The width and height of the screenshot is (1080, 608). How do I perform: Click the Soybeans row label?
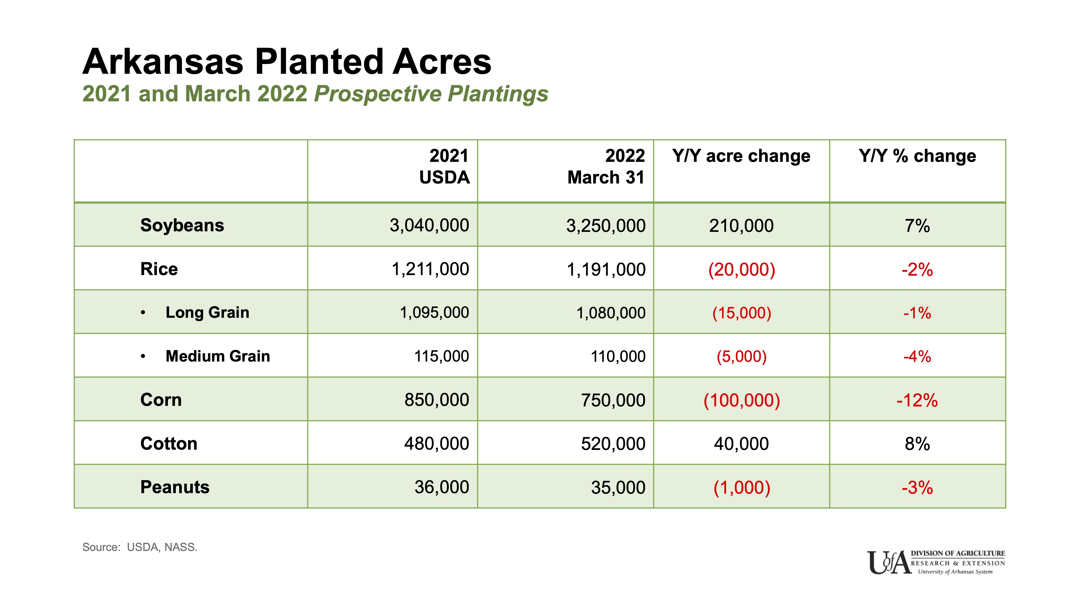[x=182, y=225]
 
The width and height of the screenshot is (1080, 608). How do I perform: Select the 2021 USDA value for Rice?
[x=430, y=269]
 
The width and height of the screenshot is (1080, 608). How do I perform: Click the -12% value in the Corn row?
[x=917, y=400]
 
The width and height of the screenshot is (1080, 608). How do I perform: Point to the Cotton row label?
[x=168, y=443]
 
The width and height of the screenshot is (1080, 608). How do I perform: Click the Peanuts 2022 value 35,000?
[x=618, y=487]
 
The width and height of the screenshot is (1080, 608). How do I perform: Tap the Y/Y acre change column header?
[x=741, y=156]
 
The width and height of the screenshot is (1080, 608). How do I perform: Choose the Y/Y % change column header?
[x=917, y=156]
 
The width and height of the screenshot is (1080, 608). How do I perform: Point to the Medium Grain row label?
[x=218, y=356]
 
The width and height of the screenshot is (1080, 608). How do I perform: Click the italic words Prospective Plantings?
[x=431, y=93]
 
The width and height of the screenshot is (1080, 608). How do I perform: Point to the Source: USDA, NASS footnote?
[x=140, y=547]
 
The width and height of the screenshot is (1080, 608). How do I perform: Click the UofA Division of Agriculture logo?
[x=936, y=562]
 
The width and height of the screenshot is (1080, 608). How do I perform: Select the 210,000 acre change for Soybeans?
[x=741, y=226]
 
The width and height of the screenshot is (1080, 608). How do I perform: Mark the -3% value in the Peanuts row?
[x=917, y=487]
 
